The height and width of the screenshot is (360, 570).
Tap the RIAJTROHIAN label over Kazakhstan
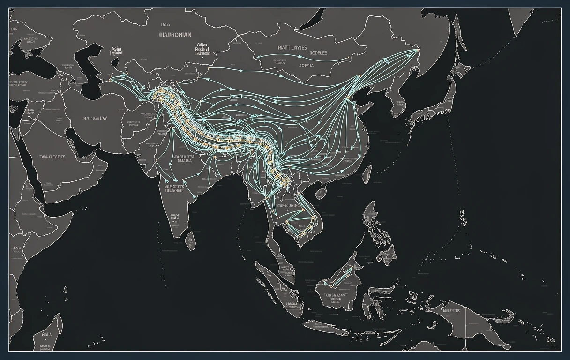(x=175, y=34)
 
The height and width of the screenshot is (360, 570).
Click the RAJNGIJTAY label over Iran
(x=95, y=118)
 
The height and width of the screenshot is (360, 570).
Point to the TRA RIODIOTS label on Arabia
(x=52, y=157)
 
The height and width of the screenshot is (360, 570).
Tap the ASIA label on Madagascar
(x=46, y=335)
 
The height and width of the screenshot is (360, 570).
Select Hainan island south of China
(x=321, y=193)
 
